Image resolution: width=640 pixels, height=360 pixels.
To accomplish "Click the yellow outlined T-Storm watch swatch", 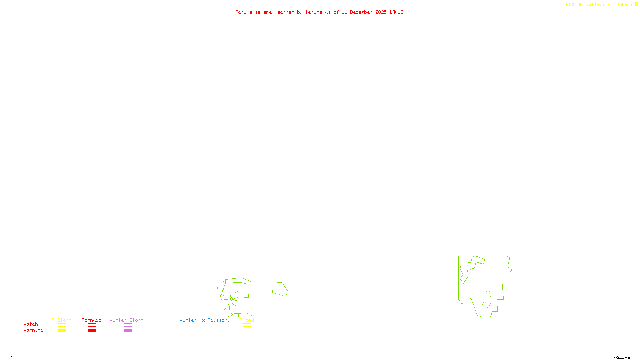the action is [62, 325].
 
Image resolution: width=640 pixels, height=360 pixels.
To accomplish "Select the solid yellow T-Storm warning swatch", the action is [62, 331].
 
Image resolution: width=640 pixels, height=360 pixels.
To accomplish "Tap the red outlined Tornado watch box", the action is [92, 325].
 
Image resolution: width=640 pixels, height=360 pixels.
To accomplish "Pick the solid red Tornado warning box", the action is [92, 331].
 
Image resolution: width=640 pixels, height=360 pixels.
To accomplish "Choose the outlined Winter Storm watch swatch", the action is [128, 325].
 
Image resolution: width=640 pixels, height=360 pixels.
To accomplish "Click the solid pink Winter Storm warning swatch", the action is [128, 331].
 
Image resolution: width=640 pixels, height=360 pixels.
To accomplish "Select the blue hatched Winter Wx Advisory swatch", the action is [204, 331].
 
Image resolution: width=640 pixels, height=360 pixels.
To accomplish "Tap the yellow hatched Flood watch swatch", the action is [247, 325].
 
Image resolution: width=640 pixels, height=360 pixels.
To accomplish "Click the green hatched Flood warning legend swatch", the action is [247, 331].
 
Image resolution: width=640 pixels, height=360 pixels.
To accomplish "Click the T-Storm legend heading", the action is [62, 320].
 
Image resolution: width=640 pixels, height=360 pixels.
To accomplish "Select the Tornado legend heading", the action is [92, 320].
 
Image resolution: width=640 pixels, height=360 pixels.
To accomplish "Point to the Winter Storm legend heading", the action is [126, 320].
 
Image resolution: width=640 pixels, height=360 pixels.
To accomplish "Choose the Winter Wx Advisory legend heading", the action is [205, 320].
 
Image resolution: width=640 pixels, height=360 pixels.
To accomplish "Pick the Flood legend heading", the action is [247, 320].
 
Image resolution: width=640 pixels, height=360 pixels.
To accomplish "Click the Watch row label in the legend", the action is [31, 324].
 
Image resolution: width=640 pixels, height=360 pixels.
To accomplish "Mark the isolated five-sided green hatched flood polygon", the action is [280, 289].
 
